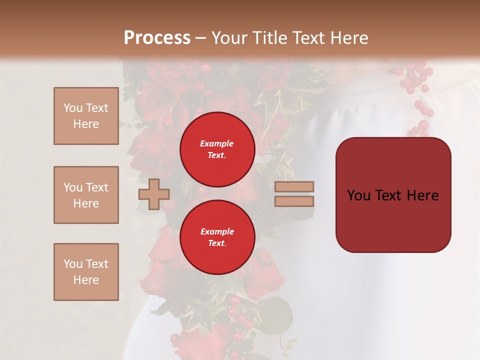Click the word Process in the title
pyautogui.click(x=157, y=37)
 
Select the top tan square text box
pyautogui.click(x=86, y=116)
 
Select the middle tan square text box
pyautogui.click(x=86, y=195)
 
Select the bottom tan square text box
pyautogui.click(x=86, y=272)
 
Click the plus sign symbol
pyautogui.click(x=153, y=194)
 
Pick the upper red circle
pyautogui.click(x=217, y=149)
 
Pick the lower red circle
pyautogui.click(x=217, y=237)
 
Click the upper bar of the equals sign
pyautogui.click(x=294, y=187)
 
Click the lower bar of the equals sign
pyautogui.click(x=294, y=201)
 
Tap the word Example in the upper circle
pyautogui.click(x=216, y=143)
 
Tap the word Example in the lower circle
pyautogui.click(x=216, y=231)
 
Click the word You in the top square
pyautogui.click(x=72, y=108)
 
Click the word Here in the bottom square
pyautogui.click(x=86, y=280)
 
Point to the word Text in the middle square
pyautogui.click(x=96, y=187)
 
